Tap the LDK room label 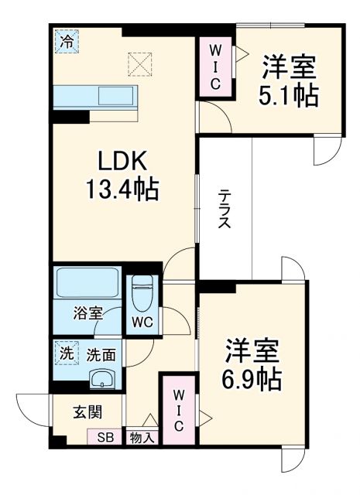122,162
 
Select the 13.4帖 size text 122,189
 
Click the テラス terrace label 224,208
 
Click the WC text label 141,319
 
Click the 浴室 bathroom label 88,313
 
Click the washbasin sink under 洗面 101,378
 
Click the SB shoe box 104,438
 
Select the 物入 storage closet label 142,439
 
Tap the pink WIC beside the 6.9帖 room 178,410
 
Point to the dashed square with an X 141,63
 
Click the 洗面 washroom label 101,355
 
